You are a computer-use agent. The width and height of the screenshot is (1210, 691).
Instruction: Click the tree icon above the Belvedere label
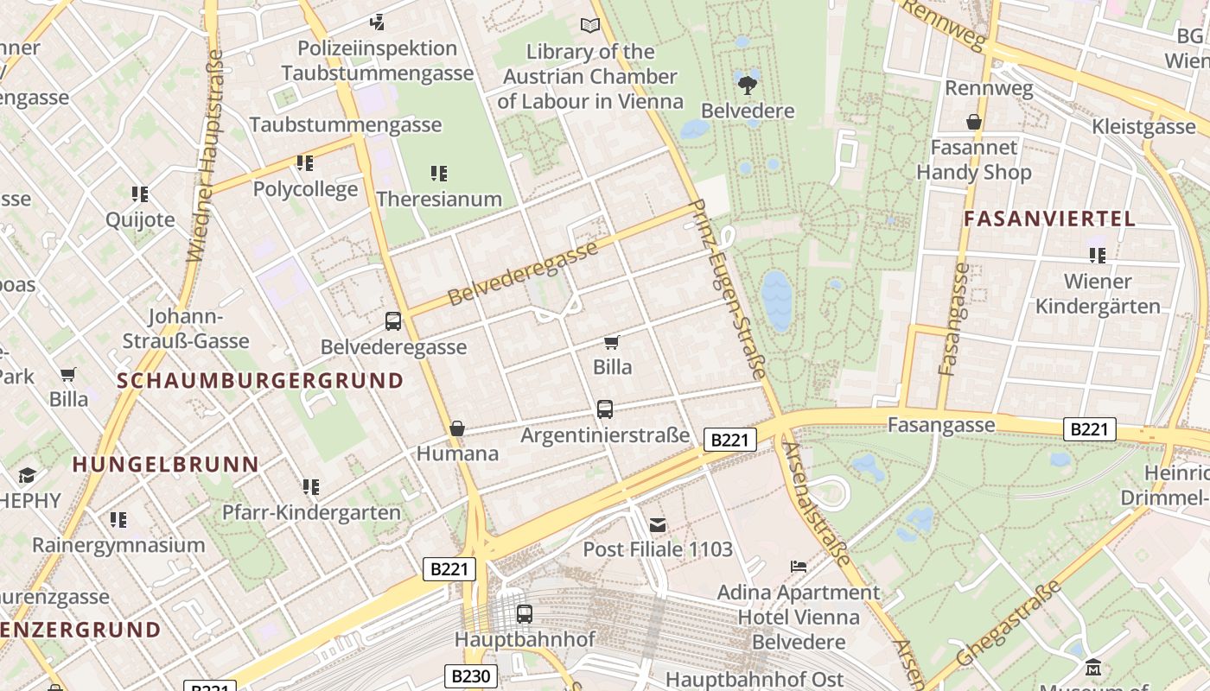click(x=748, y=85)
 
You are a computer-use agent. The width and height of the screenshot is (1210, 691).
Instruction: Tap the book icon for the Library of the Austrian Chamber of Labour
click(x=590, y=26)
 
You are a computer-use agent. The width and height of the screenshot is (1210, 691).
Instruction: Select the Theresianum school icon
click(x=439, y=174)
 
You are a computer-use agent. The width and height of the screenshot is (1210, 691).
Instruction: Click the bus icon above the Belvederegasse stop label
click(x=393, y=321)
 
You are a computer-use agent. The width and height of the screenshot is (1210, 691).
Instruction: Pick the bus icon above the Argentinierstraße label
click(x=605, y=409)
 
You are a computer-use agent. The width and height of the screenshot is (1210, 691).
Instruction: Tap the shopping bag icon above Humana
click(x=457, y=428)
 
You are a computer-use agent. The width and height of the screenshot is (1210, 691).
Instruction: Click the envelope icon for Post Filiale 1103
click(x=658, y=524)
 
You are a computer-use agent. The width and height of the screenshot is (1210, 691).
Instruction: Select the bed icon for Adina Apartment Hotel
click(x=799, y=567)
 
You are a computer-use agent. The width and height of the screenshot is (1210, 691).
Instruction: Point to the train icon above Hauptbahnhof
click(x=525, y=614)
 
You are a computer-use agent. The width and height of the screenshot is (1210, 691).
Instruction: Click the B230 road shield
click(x=470, y=676)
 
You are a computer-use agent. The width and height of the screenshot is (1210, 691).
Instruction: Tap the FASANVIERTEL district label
click(x=1049, y=219)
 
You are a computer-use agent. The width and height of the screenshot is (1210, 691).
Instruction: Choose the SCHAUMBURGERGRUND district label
click(x=260, y=381)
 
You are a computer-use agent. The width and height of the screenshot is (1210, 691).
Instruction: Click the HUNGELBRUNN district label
click(x=166, y=464)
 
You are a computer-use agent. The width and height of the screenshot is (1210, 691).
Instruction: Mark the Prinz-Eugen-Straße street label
click(x=729, y=289)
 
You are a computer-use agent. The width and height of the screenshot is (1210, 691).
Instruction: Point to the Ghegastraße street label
click(x=1009, y=624)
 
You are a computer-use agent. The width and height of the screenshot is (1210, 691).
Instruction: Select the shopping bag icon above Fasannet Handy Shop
click(x=974, y=122)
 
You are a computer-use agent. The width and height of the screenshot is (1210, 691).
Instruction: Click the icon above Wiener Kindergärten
click(x=1098, y=256)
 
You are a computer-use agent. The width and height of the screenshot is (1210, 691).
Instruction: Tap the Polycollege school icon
click(x=305, y=163)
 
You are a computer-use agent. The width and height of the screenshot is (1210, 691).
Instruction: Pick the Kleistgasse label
click(x=1143, y=127)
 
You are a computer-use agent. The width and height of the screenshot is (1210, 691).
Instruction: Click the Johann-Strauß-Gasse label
click(x=186, y=329)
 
